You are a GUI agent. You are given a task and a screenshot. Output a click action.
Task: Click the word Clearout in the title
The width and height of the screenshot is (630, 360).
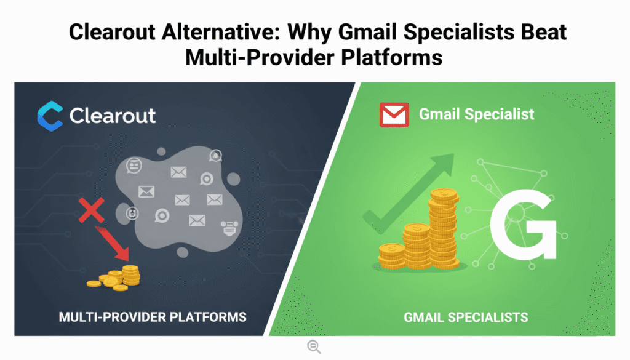click(110, 32)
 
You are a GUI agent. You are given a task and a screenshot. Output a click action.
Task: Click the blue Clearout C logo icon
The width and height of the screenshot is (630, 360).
click(50, 116)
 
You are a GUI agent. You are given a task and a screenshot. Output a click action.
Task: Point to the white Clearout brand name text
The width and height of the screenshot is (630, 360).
click(113, 116)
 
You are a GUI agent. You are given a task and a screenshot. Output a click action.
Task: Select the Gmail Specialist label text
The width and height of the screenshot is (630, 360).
click(476, 114)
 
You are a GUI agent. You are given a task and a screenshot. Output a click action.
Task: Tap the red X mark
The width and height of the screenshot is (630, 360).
click(91, 211)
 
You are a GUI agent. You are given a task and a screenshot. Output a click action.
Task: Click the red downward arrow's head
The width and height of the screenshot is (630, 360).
click(123, 252)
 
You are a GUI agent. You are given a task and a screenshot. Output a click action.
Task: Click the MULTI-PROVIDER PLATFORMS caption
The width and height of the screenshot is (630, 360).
click(153, 318)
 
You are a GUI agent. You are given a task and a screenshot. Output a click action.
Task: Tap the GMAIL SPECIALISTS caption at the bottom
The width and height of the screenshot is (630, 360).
click(466, 318)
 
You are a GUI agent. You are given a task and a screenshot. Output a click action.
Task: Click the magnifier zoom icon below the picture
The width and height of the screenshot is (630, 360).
click(314, 347)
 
